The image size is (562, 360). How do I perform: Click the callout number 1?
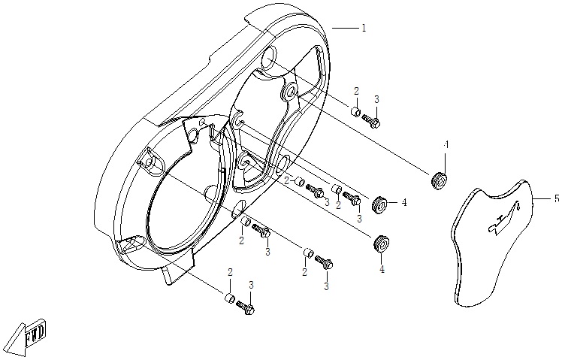(364, 28)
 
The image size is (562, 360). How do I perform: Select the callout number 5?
(557, 199)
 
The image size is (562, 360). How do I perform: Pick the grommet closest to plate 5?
(440, 180)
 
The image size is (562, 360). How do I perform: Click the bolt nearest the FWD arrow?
(245, 307)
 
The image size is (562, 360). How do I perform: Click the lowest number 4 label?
(382, 268)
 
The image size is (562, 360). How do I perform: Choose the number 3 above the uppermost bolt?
(376, 99)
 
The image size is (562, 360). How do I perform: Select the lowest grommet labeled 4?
(382, 242)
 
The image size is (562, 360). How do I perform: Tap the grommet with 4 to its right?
(379, 203)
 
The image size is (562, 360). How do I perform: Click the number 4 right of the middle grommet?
(403, 202)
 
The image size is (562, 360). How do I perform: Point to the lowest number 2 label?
(230, 272)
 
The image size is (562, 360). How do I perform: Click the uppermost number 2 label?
(356, 91)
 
